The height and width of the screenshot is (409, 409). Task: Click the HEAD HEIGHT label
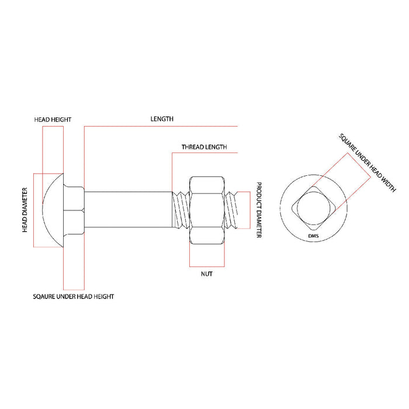[x=53, y=119]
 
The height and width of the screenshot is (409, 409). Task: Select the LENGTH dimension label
[x=162, y=119]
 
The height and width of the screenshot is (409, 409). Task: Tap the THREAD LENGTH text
[x=204, y=147]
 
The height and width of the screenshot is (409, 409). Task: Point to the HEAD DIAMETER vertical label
[x=26, y=210]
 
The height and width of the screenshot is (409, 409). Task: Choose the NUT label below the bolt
[x=206, y=273]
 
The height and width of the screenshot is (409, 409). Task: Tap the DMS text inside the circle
[x=314, y=235]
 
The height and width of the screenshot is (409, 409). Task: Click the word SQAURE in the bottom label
[x=44, y=297]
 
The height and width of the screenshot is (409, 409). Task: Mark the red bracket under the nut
[x=206, y=257]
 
